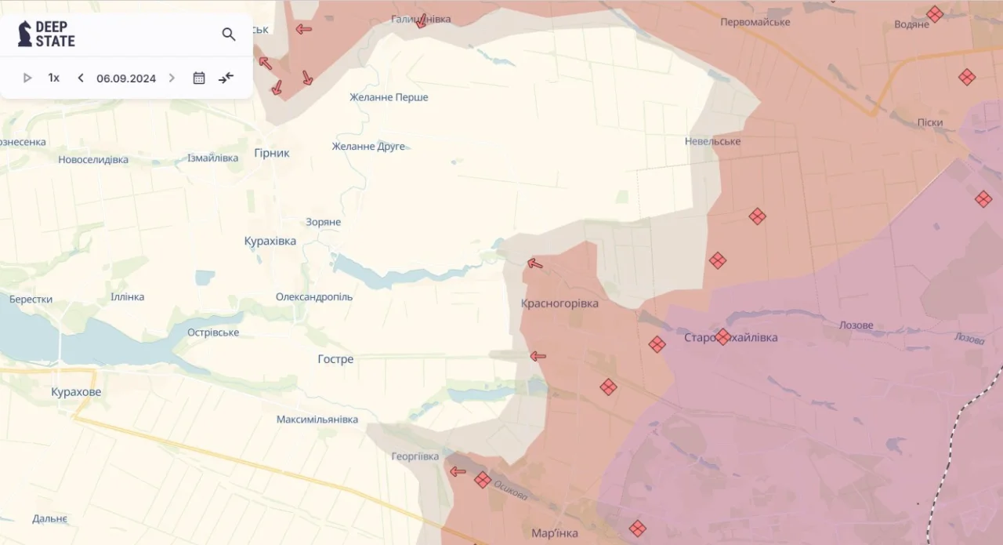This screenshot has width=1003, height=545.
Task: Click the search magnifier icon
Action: coord(229,35)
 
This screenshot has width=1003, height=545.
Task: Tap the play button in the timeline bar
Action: coord(27,78)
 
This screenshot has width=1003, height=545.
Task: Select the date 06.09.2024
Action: coord(126,78)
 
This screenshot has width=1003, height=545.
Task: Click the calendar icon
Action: coord(199,78)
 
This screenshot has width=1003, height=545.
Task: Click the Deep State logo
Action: coord(47,35)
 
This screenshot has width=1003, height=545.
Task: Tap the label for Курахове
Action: coord(76,392)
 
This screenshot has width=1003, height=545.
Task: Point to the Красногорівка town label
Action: coord(559,303)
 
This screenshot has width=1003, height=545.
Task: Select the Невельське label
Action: coord(712,141)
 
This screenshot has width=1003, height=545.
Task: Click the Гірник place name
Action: coord(272,153)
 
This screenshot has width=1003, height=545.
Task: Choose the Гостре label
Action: coord(335,359)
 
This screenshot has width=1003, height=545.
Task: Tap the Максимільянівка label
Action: coord(317,420)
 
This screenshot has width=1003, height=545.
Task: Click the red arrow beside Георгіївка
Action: coord(458,471)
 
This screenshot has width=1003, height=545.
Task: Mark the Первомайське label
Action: coord(755,22)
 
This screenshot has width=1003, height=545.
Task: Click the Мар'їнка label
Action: coord(555,533)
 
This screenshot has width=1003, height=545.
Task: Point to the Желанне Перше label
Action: coord(389,97)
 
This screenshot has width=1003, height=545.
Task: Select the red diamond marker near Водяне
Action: coord(935,13)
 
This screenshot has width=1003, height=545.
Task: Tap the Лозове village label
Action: coord(856,325)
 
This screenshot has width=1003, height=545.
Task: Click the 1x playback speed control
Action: coord(54,78)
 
